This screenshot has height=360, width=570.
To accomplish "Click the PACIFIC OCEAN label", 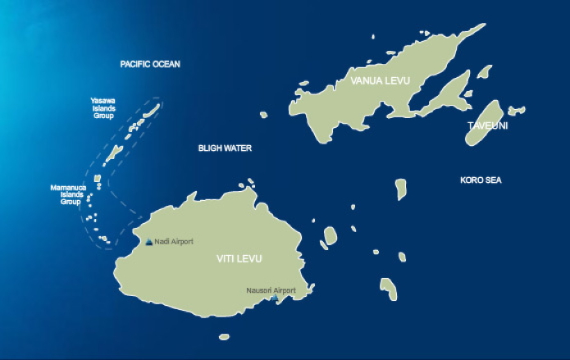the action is pyautogui.click(x=150, y=64).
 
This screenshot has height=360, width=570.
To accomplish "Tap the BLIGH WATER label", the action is pyautogui.click(x=225, y=148).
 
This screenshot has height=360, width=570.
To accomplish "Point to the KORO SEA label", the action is pyautogui.click(x=481, y=180).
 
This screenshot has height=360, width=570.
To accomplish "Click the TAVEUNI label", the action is pyautogui.click(x=488, y=125).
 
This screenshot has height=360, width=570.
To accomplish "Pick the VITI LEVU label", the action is pyautogui.click(x=239, y=259).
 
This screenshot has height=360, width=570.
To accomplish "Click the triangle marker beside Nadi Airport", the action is pyautogui.click(x=148, y=242).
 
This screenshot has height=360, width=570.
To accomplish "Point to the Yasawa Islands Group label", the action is pyautogui.click(x=103, y=108).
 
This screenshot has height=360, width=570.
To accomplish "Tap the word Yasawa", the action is pyautogui.click(x=103, y=101).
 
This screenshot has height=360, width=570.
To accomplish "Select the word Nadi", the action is pyautogui.click(x=161, y=242).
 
